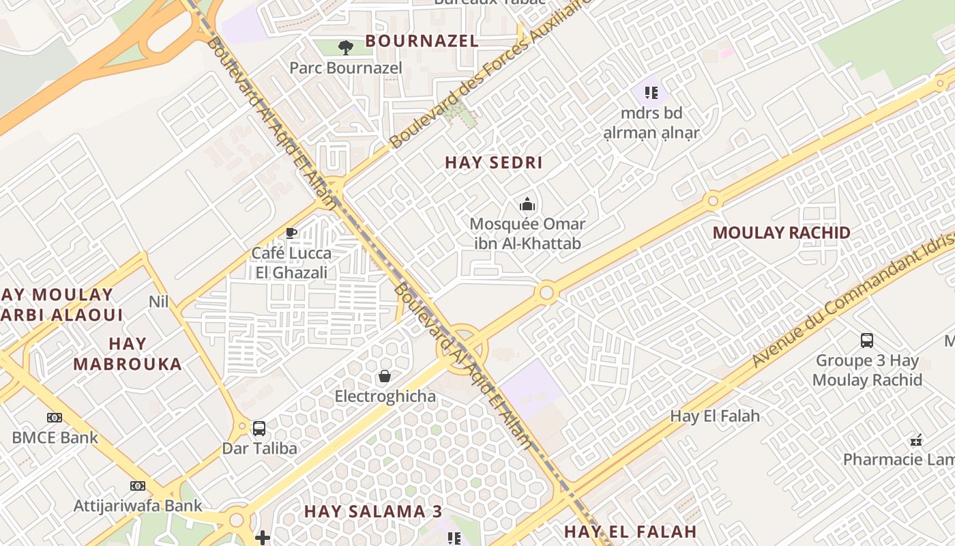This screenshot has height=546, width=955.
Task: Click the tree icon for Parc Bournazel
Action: tap(346, 47)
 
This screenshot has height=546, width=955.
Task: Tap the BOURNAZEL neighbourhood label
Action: tap(422, 41)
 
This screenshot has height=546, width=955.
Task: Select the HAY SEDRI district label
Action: tap(493, 162)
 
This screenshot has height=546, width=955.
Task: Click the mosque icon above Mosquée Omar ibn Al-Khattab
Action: tap(527, 204)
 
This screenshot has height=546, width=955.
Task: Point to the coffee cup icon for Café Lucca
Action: tap(291, 233)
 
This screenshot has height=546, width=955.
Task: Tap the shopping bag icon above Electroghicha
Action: tap(385, 376)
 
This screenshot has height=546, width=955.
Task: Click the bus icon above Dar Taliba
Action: tap(259, 428)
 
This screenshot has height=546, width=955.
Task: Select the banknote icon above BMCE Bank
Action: tap(55, 418)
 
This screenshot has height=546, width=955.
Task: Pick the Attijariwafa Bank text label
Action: tap(138, 506)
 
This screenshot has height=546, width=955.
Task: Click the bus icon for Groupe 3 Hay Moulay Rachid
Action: tap(867, 340)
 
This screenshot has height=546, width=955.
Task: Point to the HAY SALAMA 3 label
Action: tap(373, 511)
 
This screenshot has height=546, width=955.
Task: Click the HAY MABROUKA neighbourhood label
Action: tap(128, 354)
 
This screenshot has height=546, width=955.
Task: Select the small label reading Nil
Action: tap(158, 301)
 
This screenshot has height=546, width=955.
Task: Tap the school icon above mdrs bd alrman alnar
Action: tap(651, 92)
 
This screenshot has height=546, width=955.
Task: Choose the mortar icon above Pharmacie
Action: tap(916, 440)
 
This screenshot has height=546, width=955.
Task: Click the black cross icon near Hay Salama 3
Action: tap(263, 538)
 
